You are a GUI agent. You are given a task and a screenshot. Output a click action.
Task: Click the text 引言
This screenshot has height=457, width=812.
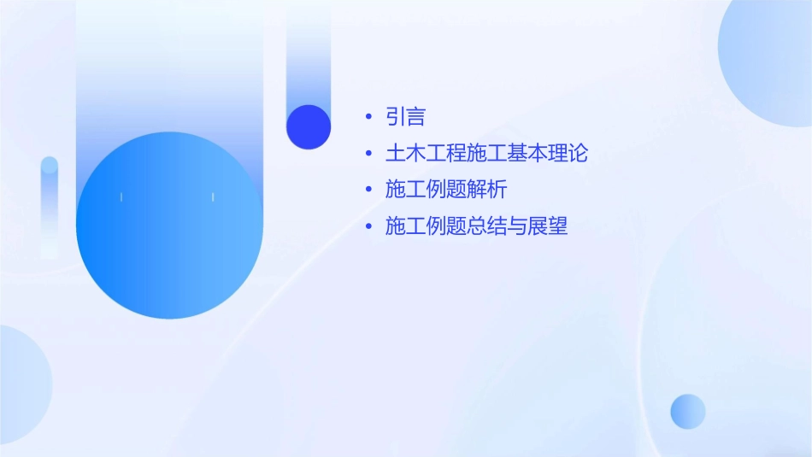[405, 117]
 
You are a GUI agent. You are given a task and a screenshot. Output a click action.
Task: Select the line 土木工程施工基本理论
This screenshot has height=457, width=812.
[486, 154]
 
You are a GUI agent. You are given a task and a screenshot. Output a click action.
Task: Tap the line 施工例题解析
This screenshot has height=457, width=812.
[445, 190]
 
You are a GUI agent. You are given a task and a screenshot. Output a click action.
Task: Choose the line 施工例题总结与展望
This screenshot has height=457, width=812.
[476, 226]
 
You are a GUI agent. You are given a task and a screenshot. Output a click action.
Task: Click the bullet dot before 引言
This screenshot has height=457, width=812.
[368, 117]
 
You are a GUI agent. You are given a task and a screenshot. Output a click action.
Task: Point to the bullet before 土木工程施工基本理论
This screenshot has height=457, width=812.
[368, 154]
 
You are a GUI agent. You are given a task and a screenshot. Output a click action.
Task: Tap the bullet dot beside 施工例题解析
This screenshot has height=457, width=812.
[368, 190]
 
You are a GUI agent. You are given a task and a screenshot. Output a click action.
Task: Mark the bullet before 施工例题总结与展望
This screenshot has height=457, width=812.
[368, 226]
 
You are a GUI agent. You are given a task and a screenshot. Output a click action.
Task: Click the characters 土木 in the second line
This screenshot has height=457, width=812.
[405, 154]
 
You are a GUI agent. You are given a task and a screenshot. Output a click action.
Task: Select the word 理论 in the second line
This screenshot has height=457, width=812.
[568, 154]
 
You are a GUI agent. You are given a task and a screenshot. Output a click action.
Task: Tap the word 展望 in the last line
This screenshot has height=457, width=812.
[548, 226]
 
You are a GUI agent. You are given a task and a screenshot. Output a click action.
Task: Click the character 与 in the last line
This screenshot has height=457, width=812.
[517, 226]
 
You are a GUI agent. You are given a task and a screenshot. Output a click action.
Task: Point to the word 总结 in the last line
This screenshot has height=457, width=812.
[486, 226]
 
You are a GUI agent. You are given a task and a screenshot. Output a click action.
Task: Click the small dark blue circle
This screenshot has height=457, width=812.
[309, 126]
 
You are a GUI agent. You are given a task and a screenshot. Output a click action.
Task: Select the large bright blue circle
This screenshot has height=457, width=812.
[169, 226]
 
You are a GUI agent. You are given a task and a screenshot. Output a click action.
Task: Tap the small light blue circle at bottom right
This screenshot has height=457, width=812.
[688, 411]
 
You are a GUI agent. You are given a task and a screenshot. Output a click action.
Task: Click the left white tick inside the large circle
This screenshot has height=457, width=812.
[121, 197]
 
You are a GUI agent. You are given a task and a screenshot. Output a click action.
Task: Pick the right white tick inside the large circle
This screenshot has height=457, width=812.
[213, 197]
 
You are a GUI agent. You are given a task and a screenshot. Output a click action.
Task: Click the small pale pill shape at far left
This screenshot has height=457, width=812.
[50, 205]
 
